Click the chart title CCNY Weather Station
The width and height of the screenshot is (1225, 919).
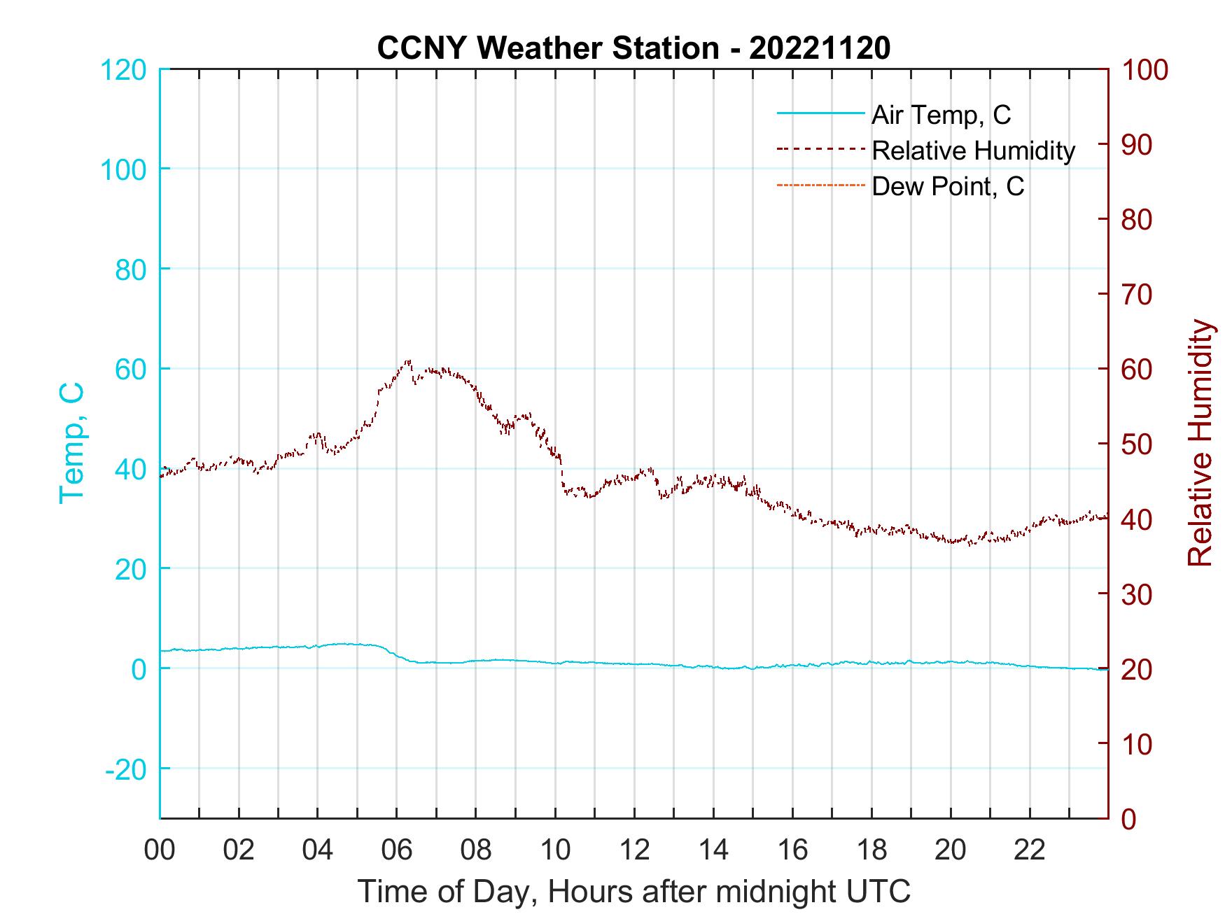click(x=633, y=48)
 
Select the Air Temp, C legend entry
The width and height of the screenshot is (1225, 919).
click(x=941, y=115)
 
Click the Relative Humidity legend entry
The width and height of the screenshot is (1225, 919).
click(x=973, y=150)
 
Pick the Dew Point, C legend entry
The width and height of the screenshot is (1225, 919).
click(x=948, y=186)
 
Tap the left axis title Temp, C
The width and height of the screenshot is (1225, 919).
click(x=71, y=442)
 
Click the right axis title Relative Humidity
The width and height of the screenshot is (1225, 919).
click(x=1200, y=442)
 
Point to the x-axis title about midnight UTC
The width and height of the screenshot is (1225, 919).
click(x=633, y=892)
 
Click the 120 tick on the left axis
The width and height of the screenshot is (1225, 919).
click(x=125, y=70)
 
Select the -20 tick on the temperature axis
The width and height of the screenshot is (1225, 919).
click(x=126, y=769)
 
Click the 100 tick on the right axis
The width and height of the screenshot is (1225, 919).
click(x=1145, y=70)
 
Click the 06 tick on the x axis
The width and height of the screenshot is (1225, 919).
click(x=397, y=850)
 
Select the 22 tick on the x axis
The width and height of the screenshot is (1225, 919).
click(x=1030, y=850)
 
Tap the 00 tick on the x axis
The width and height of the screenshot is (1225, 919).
click(x=160, y=850)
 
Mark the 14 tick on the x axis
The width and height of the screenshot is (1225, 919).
click(x=713, y=850)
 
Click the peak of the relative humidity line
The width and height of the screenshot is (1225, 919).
click(x=407, y=362)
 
